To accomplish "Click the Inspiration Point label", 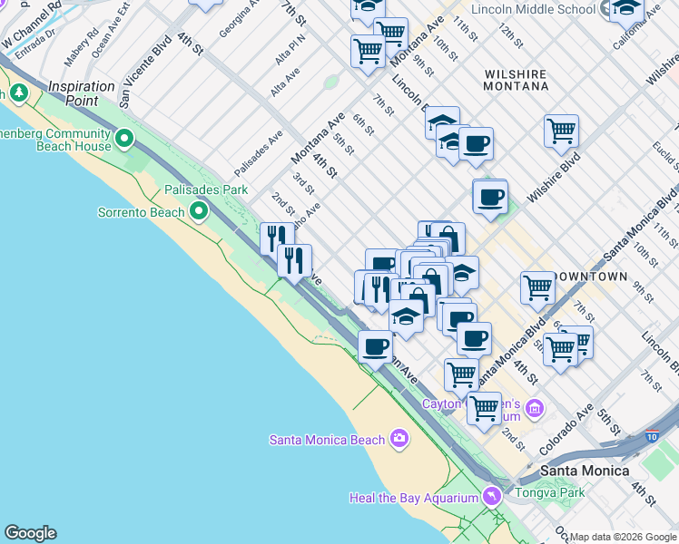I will (82, 93).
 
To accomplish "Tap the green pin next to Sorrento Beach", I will (199, 212).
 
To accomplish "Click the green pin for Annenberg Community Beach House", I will (124, 140).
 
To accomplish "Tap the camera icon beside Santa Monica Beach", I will (399, 440).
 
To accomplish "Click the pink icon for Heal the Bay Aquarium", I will (491, 497).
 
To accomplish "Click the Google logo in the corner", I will (30, 533).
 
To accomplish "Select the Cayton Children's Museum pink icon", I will (534, 410).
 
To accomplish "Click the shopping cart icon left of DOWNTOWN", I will (538, 288).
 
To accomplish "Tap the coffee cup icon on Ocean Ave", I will (375, 345).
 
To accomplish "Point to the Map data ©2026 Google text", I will (623, 537).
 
